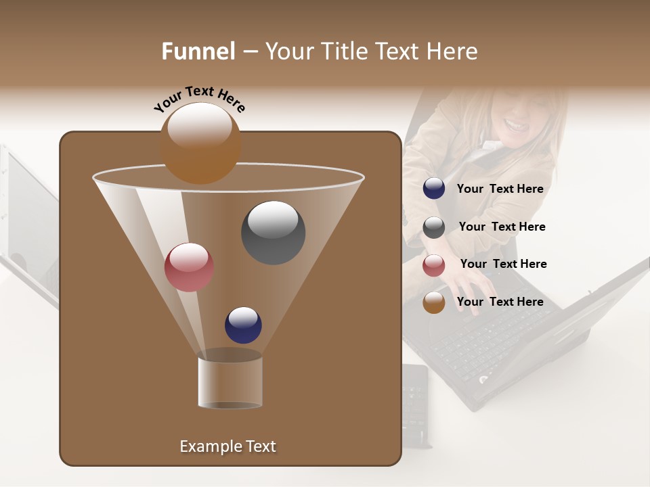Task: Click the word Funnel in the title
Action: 198,51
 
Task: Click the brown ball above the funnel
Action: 200,143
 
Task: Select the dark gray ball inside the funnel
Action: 273,232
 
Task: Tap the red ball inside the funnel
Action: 189,267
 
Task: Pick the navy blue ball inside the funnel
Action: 243,325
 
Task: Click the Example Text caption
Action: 227,446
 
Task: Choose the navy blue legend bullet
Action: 434,189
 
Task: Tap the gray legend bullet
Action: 434,227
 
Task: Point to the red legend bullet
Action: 434,265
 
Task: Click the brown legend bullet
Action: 434,302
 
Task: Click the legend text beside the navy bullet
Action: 500,189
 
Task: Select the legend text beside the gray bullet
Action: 502,227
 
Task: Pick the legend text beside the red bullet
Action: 503,264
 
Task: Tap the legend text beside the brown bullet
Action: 500,302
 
